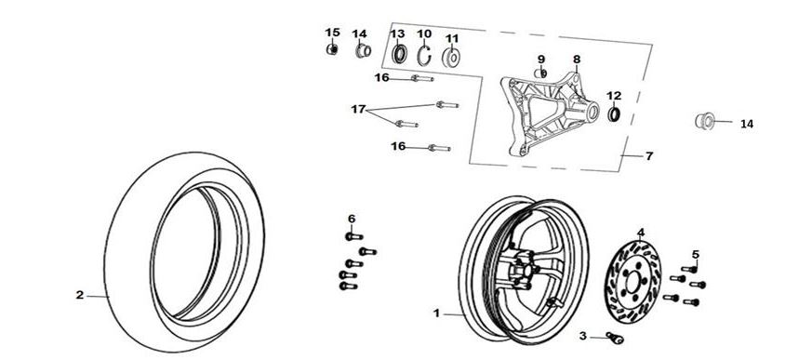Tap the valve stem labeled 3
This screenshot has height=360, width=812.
click(615, 338)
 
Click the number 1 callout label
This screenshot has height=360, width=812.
click(436, 313)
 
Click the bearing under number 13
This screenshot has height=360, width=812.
click(399, 54)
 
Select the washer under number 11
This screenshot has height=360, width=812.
click(451, 58)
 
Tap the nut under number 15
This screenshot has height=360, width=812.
click(332, 49)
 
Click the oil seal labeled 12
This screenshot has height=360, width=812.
click(614, 114)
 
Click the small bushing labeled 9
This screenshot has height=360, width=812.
click(540, 73)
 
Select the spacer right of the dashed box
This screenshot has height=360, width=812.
click(705, 121)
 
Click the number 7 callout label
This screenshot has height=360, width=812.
click(649, 156)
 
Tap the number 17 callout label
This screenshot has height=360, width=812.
click(358, 109)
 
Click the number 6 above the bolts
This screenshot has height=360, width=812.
click(352, 219)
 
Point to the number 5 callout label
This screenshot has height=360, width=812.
click(696, 254)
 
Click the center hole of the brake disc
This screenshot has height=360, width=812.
click(632, 282)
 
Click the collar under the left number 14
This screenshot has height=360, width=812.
click(363, 51)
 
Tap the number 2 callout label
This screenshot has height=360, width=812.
click(80, 295)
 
